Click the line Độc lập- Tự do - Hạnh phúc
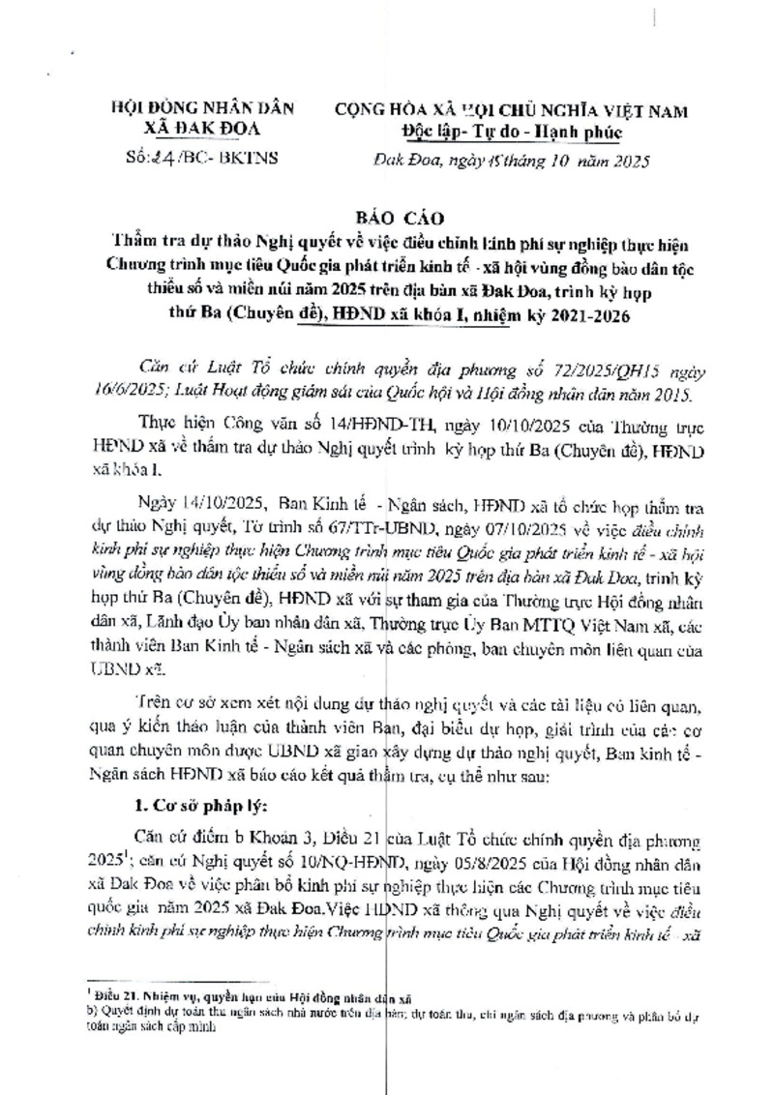coord(513,132)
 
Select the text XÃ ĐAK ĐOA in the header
coord(190,131)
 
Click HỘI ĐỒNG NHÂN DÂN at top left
coord(190,110)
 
